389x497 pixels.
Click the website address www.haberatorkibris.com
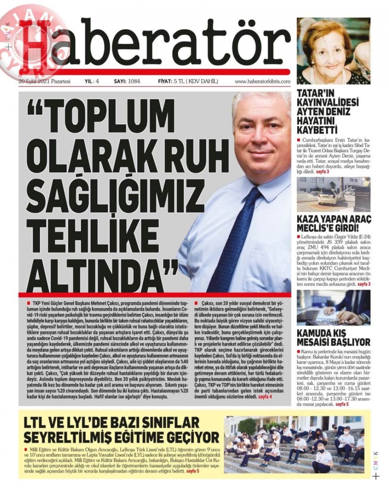click(x=263, y=82)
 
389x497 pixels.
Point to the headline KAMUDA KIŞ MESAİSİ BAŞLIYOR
click(x=334, y=337)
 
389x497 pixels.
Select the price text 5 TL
click(x=181, y=82)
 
